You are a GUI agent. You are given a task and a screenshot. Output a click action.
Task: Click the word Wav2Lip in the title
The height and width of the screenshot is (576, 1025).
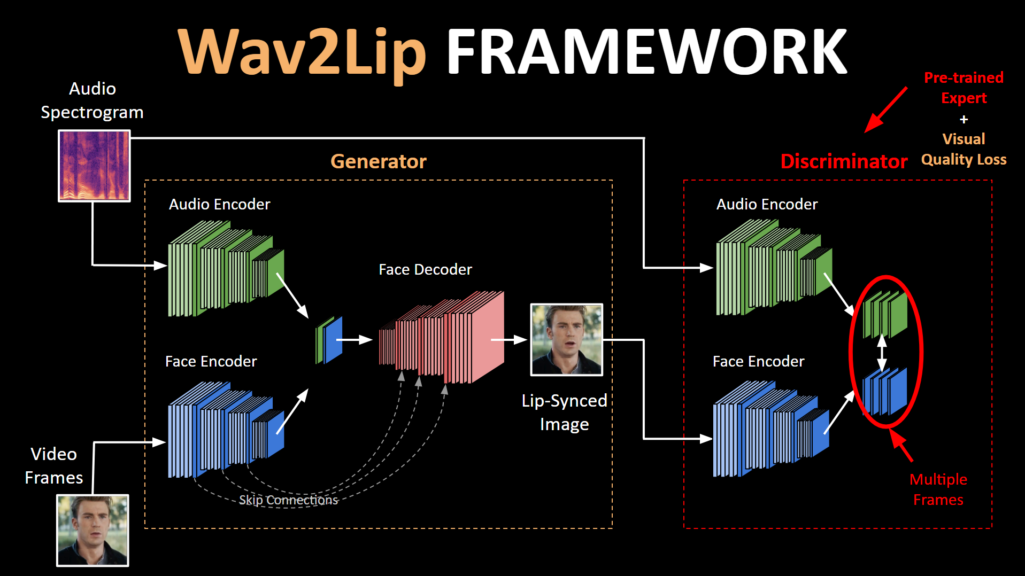coord(302,52)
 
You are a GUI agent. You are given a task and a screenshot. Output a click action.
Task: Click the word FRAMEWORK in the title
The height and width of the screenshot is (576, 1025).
coord(646,52)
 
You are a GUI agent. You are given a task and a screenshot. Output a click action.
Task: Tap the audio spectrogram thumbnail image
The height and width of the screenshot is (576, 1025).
coord(94,166)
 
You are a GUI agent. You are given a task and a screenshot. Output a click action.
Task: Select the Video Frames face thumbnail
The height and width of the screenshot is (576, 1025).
coord(93,530)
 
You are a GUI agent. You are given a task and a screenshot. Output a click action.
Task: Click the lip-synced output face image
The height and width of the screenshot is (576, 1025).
coord(566,339)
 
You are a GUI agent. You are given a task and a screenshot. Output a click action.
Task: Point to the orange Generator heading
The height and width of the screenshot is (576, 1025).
coord(378,161)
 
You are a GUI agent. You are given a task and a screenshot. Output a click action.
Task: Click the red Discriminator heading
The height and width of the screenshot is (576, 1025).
coord(843,161)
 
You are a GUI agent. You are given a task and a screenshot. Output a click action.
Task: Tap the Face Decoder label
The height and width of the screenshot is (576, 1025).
coord(425,269)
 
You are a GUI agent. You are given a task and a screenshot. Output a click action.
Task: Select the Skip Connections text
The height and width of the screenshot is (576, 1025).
coord(288,500)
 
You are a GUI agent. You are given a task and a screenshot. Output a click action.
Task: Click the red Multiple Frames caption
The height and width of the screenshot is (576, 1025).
coord(938,489)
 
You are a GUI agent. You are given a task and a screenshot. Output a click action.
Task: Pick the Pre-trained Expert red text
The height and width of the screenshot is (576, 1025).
coord(964,88)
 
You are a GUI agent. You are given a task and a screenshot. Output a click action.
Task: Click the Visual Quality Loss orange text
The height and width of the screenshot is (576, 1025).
coord(964,149)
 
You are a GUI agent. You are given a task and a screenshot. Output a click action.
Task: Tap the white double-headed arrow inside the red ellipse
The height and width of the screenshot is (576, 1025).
coord(882,352)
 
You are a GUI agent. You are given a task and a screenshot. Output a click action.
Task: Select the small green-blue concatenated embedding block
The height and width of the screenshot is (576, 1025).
coord(329,340)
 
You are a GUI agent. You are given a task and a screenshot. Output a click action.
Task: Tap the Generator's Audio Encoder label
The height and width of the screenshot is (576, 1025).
coord(219,204)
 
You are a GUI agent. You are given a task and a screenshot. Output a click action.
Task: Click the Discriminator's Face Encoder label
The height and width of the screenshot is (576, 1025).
coord(758,362)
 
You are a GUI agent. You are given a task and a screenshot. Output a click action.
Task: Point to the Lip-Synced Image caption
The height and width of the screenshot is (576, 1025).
coord(564,412)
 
